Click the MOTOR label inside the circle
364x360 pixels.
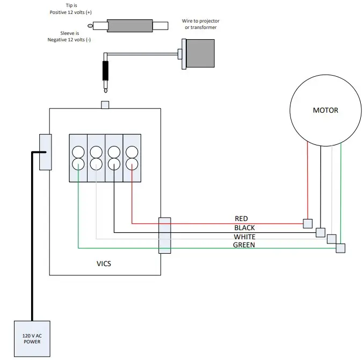[325, 110]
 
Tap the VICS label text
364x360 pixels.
[104, 263]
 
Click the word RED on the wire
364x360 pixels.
[241, 219]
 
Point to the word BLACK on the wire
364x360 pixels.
[244, 228]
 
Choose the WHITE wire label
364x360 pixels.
[244, 237]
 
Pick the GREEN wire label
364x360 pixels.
[244, 245]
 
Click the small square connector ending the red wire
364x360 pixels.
[308, 223]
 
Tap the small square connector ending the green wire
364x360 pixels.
[340, 248]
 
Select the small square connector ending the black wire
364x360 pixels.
[321, 232]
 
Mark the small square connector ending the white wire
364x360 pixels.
[332, 239]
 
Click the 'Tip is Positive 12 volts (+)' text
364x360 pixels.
[71, 8]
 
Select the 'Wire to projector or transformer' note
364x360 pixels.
[201, 24]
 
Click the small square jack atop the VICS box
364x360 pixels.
[105, 105]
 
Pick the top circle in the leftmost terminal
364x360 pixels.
[78, 152]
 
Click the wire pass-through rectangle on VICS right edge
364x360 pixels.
[164, 235]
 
